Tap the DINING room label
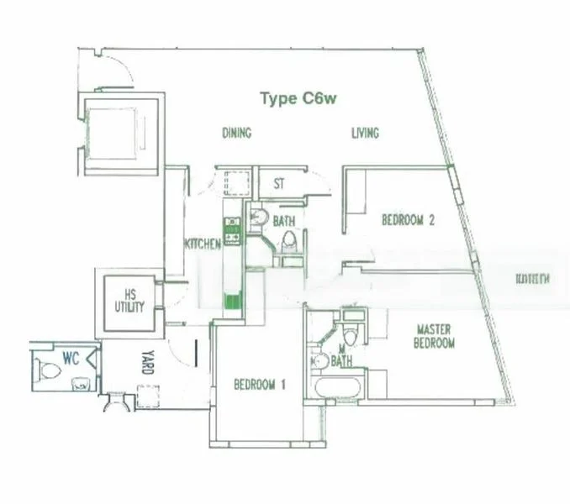[x=236, y=133]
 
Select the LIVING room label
[x=365, y=133]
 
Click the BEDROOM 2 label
[x=408, y=221]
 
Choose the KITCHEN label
[x=203, y=244]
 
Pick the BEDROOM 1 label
[x=260, y=385]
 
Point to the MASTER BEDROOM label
[x=435, y=337]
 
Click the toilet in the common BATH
[x=288, y=243]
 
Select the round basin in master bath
[x=319, y=362]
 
